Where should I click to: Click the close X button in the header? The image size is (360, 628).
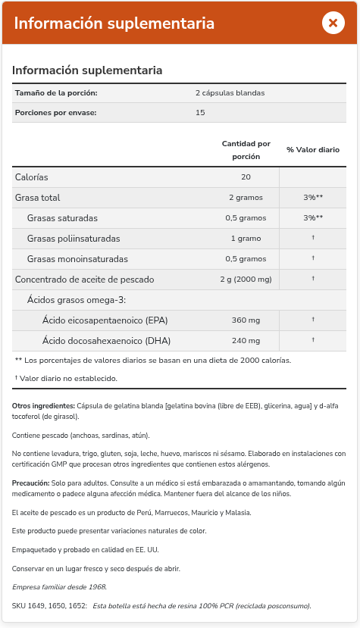333,23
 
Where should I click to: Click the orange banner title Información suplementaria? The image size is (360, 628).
114,23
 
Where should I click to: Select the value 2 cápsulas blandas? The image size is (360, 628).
230,93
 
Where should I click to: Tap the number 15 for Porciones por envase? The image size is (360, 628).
200,112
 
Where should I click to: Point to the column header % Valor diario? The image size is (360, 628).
312,150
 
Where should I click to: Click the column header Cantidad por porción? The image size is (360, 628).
246,149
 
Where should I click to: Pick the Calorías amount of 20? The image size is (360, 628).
246,177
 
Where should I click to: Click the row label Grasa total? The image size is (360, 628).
38,198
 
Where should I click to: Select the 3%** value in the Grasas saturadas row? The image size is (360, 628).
312,218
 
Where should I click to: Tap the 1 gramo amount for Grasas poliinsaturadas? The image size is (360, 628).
246,239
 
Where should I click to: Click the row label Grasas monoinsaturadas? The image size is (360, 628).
73,259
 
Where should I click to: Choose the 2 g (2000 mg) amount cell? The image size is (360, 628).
246,280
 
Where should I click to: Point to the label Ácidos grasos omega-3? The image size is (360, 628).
76,300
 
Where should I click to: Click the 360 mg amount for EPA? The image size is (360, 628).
246,320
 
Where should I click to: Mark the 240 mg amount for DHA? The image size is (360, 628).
246,341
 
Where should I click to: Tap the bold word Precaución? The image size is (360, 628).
31,483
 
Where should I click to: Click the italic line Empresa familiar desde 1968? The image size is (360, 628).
60,587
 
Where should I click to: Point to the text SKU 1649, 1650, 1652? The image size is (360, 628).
49,606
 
